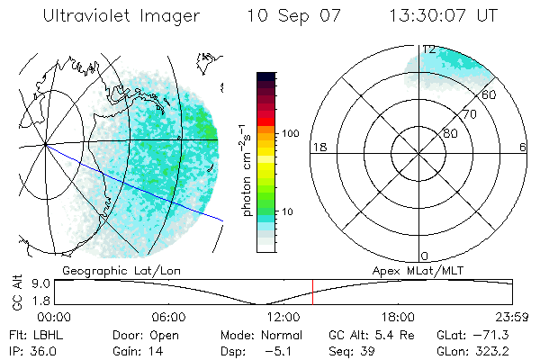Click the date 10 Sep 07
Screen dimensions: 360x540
pyautogui.click(x=296, y=17)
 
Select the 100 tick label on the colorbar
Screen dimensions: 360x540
pyautogui.click(x=290, y=132)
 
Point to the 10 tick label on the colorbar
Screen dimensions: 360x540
pyautogui.click(x=287, y=212)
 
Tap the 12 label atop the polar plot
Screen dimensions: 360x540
pyautogui.click(x=429, y=49)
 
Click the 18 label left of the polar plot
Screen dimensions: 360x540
pyautogui.click(x=318, y=148)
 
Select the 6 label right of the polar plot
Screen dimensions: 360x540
pyautogui.click(x=523, y=148)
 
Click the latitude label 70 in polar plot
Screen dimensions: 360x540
pyautogui.click(x=468, y=114)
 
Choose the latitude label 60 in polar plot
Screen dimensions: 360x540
pyautogui.click(x=490, y=94)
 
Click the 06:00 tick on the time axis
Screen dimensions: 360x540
pyautogui.click(x=168, y=317)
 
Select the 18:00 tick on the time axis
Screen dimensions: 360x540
pyautogui.click(x=398, y=317)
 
